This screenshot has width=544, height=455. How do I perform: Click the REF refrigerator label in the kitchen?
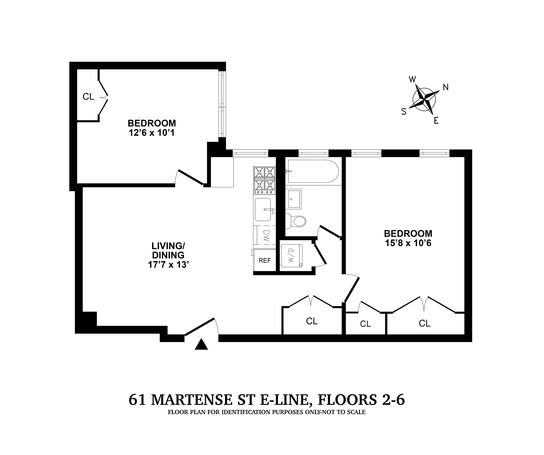pyautogui.click(x=265, y=260)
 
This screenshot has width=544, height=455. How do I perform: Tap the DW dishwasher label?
pyautogui.click(x=266, y=236)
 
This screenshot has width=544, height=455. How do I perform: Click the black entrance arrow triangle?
pyautogui.click(x=201, y=345)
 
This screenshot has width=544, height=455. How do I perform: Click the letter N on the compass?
pyautogui.click(x=446, y=88)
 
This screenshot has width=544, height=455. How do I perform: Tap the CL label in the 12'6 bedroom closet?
pyautogui.click(x=88, y=97)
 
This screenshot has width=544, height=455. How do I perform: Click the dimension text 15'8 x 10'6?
pyautogui.click(x=408, y=243)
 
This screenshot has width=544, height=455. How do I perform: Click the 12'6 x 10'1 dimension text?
pyautogui.click(x=152, y=133)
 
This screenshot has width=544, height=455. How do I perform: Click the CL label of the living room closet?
pyautogui.click(x=312, y=321)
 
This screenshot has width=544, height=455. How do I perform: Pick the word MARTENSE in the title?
pyautogui.click(x=191, y=399)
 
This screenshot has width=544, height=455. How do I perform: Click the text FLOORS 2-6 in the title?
pyautogui.click(x=361, y=399)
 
